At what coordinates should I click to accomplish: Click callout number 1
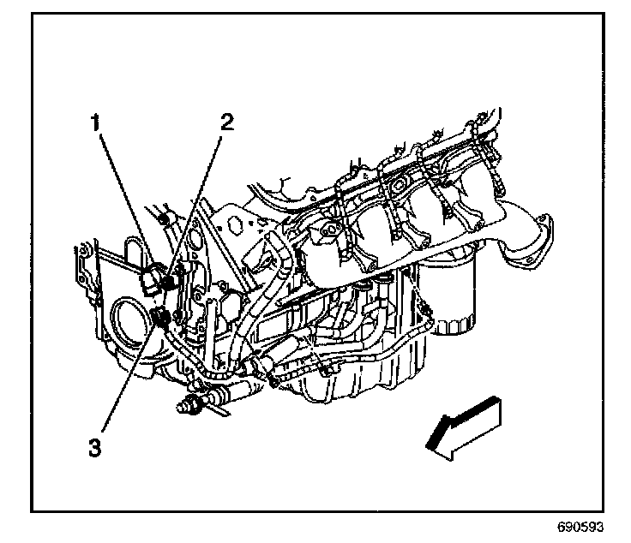pyautogui.click(x=100, y=122)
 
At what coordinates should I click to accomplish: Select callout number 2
pyautogui.click(x=226, y=122)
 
